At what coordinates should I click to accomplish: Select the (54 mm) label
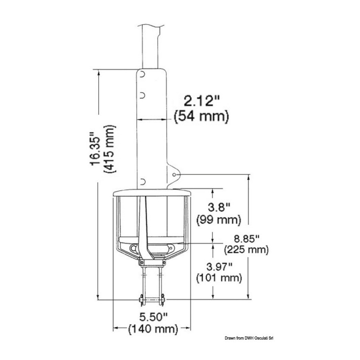202,116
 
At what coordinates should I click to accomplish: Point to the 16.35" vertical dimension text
95,149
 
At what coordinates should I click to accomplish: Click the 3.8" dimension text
219,208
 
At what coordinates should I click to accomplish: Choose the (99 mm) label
219,220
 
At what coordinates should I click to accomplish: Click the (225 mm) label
246,250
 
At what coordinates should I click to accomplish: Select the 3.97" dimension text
220,267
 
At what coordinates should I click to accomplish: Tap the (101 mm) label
219,278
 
